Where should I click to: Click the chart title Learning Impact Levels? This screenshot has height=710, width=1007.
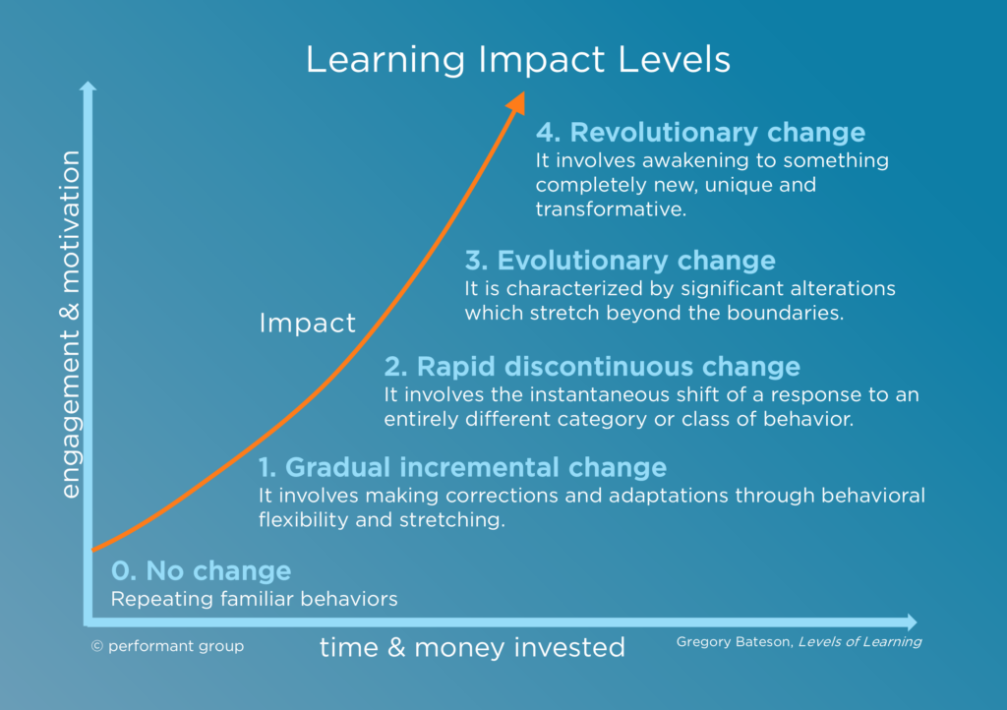518,60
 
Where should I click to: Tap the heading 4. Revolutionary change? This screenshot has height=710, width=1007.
700,133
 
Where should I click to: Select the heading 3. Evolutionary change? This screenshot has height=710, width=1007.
620,261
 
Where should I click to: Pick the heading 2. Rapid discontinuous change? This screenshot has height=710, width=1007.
592,367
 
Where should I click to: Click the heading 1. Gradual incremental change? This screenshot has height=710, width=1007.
462,467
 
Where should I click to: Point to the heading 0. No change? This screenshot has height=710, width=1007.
201,571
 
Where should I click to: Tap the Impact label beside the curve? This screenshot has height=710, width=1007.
307,324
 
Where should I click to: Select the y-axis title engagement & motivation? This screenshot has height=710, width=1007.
71,325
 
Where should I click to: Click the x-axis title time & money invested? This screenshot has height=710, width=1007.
472,647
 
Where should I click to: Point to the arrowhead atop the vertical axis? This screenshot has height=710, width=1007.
88,88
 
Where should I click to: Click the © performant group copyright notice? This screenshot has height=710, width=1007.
166,646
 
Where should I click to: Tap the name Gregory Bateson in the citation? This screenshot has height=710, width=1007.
733,642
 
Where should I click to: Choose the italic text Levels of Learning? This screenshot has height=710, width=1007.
859,642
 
